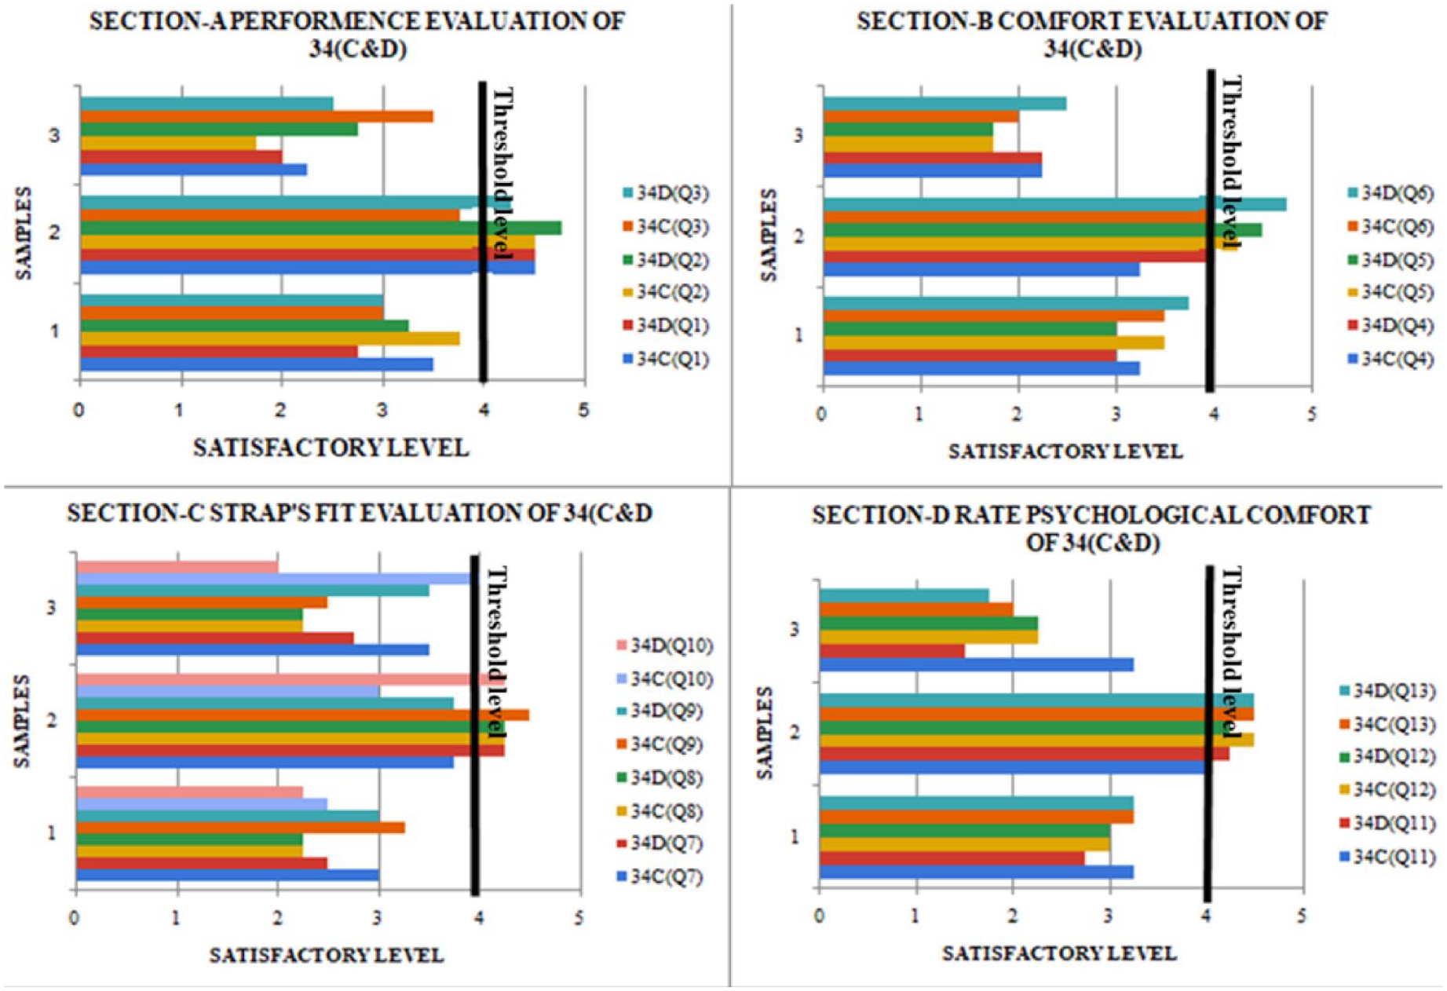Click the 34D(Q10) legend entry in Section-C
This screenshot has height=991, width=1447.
(x=665, y=645)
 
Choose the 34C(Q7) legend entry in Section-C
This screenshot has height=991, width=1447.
(x=660, y=876)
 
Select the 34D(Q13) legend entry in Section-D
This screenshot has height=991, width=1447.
(x=1387, y=690)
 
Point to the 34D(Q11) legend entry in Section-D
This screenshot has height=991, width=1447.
(x=1387, y=823)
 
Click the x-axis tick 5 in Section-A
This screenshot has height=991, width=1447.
(x=583, y=409)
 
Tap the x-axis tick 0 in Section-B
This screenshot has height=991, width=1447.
(x=821, y=414)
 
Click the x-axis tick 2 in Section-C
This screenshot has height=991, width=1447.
(x=278, y=917)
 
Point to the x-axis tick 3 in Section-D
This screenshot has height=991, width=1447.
(x=1109, y=916)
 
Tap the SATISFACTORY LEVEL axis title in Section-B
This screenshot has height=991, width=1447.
(x=1065, y=452)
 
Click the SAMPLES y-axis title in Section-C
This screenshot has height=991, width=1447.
(x=22, y=721)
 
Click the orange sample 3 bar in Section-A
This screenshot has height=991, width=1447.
(x=257, y=116)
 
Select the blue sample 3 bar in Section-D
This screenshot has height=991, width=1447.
(x=977, y=664)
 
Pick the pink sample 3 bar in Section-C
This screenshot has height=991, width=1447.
(x=177, y=567)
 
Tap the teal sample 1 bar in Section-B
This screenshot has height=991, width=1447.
(x=1006, y=303)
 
